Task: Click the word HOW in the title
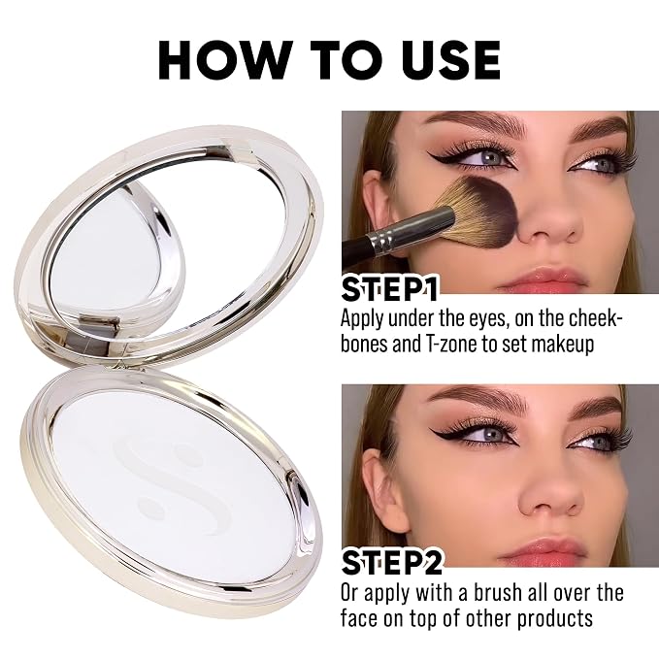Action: tap(223, 59)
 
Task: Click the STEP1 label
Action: tap(389, 288)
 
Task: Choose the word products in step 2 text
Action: tap(555, 619)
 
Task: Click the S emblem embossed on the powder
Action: tap(173, 483)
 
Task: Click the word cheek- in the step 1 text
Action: tap(595, 318)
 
